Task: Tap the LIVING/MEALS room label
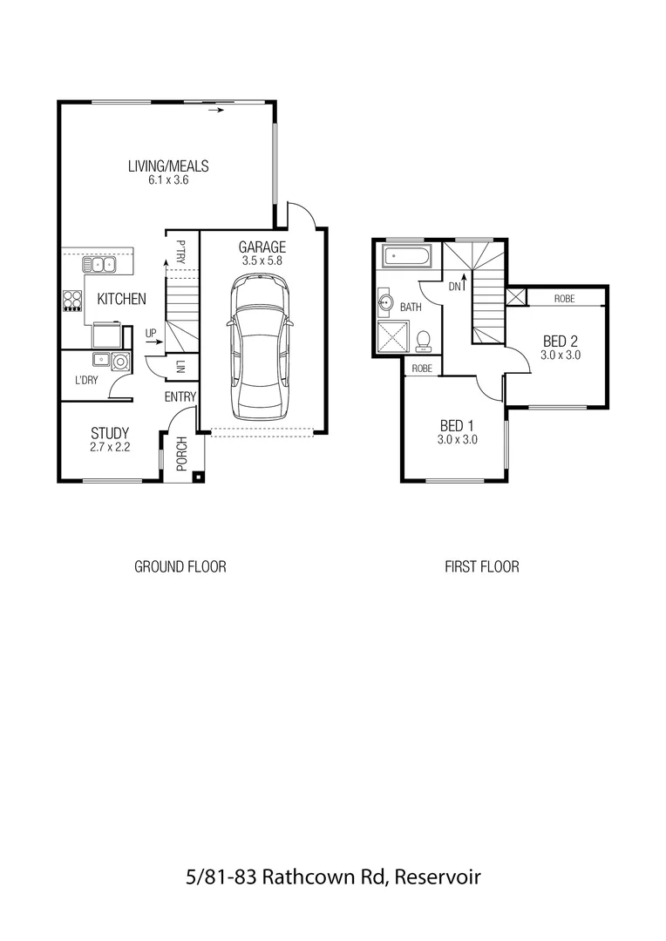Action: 168,166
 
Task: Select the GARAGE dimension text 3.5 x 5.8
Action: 262,260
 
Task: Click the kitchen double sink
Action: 99,264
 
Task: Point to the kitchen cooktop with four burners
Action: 72,301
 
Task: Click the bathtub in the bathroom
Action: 407,257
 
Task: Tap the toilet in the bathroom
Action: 424,339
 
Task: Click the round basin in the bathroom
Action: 386,304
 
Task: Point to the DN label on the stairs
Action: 454,285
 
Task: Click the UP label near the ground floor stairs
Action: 151,334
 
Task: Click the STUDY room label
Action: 110,433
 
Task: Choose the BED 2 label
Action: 561,341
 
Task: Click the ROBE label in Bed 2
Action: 564,298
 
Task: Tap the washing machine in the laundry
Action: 120,361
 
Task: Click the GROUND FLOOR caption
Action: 180,566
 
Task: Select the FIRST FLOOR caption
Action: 481,566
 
